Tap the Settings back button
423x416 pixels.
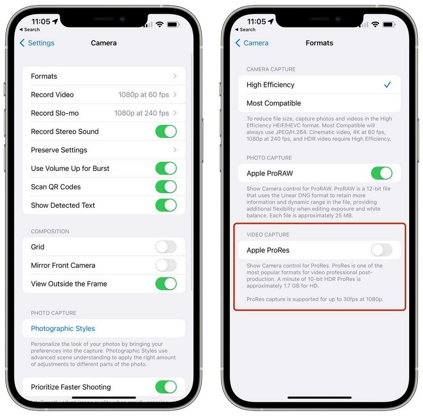(37, 43)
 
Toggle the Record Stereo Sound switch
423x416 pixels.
(166, 132)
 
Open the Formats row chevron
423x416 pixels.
(175, 76)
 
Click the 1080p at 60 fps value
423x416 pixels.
(143, 95)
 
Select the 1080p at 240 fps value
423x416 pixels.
(142, 113)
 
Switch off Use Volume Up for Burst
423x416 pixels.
(166, 169)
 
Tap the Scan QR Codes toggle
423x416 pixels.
(166, 187)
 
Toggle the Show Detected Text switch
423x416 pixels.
(166, 205)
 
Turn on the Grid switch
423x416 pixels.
(166, 247)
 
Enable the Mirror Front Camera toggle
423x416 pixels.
(166, 265)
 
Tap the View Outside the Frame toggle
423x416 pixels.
(166, 284)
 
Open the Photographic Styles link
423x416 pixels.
(63, 328)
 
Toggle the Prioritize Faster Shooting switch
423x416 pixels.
(166, 387)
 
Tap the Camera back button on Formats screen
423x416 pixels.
(252, 43)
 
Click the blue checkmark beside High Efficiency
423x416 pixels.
(388, 85)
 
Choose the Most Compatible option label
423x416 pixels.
(273, 103)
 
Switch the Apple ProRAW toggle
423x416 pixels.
(381, 173)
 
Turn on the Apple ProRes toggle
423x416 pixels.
(381, 250)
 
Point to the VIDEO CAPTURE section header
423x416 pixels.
(268, 235)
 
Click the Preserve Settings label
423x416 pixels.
(59, 150)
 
